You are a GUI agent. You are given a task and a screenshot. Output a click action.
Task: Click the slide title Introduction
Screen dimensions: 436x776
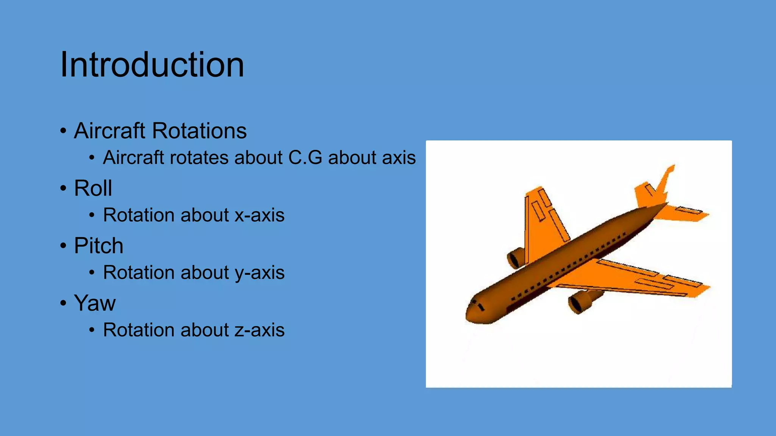tap(152, 65)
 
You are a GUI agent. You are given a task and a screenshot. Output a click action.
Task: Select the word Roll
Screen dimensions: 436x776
tap(93, 188)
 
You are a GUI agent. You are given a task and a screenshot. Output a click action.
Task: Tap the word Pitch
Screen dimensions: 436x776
tap(99, 246)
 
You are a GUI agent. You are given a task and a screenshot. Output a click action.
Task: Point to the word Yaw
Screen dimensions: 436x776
tap(95, 303)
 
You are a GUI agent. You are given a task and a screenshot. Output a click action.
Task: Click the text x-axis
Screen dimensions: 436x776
tap(260, 215)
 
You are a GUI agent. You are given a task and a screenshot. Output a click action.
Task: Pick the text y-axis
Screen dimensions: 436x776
tap(260, 273)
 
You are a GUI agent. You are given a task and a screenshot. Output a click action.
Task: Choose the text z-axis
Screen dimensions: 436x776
tap(260, 330)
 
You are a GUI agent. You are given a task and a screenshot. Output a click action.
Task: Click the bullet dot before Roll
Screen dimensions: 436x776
tap(63, 188)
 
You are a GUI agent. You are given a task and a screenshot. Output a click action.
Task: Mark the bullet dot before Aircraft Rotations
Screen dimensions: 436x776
tap(63, 131)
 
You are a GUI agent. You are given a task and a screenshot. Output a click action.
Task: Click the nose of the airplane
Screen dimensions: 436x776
tap(470, 314)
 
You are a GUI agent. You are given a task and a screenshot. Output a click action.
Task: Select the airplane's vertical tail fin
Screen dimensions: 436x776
tap(665, 182)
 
